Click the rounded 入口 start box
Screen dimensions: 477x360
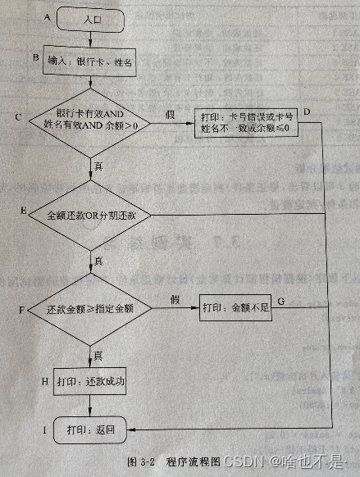[x=93, y=18]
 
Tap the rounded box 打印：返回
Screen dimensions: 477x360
[x=92, y=429]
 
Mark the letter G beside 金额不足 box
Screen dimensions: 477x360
[x=280, y=302]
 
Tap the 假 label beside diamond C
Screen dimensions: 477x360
[x=170, y=113]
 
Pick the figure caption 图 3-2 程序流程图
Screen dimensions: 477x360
[x=179, y=460]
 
